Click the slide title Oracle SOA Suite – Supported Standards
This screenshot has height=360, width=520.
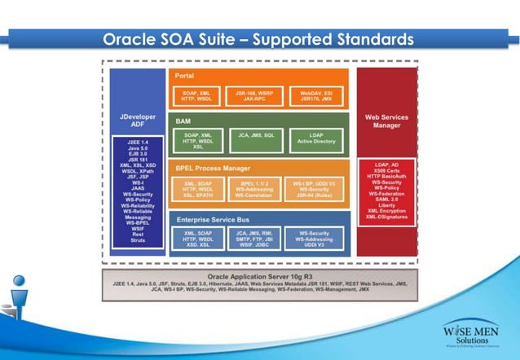[x=259, y=38]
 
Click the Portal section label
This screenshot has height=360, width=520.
[x=185, y=75]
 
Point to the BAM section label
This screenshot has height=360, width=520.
[x=183, y=121]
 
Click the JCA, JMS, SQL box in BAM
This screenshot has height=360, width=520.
[x=255, y=139]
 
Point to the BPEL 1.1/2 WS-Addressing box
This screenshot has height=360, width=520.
[x=255, y=189]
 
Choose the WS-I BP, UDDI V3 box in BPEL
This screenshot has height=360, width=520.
[x=315, y=189]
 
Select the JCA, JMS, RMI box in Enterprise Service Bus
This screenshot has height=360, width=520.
[x=255, y=238]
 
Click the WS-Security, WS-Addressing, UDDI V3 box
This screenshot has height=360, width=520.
[x=315, y=238]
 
